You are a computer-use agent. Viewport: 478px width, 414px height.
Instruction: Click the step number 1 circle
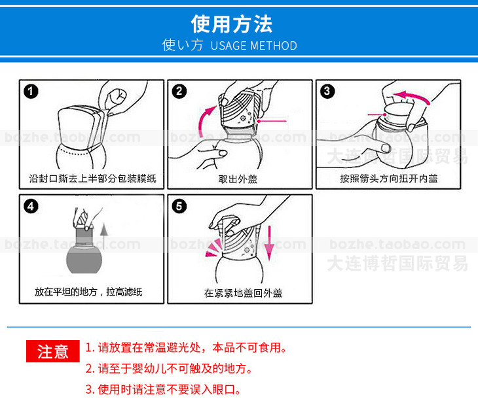point(31,92)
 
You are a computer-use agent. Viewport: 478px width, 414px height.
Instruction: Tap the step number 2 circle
point(179,92)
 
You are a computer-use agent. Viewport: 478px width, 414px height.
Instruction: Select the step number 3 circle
point(327,92)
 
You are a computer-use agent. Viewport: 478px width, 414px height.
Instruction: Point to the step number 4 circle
point(31,207)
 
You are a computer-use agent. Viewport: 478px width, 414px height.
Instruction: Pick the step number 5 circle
point(179,207)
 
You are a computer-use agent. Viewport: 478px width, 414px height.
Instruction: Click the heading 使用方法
point(232,24)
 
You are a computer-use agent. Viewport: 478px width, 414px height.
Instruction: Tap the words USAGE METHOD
point(253,46)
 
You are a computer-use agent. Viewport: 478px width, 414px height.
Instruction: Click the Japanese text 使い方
point(182,45)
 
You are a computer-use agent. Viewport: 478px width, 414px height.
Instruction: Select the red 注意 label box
point(53,351)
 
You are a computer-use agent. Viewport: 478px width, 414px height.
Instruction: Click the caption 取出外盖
point(238,179)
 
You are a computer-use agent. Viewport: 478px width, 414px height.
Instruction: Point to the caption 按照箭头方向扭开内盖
point(389,179)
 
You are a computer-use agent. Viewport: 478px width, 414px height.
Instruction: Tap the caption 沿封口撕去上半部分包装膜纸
point(93,179)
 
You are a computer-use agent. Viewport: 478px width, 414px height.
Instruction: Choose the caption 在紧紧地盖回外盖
point(243,293)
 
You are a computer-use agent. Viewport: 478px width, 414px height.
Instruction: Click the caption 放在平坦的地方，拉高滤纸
point(88,292)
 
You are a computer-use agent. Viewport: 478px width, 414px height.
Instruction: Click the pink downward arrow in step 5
point(269,243)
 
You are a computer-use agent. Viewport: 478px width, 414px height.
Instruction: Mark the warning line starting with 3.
point(163,389)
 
